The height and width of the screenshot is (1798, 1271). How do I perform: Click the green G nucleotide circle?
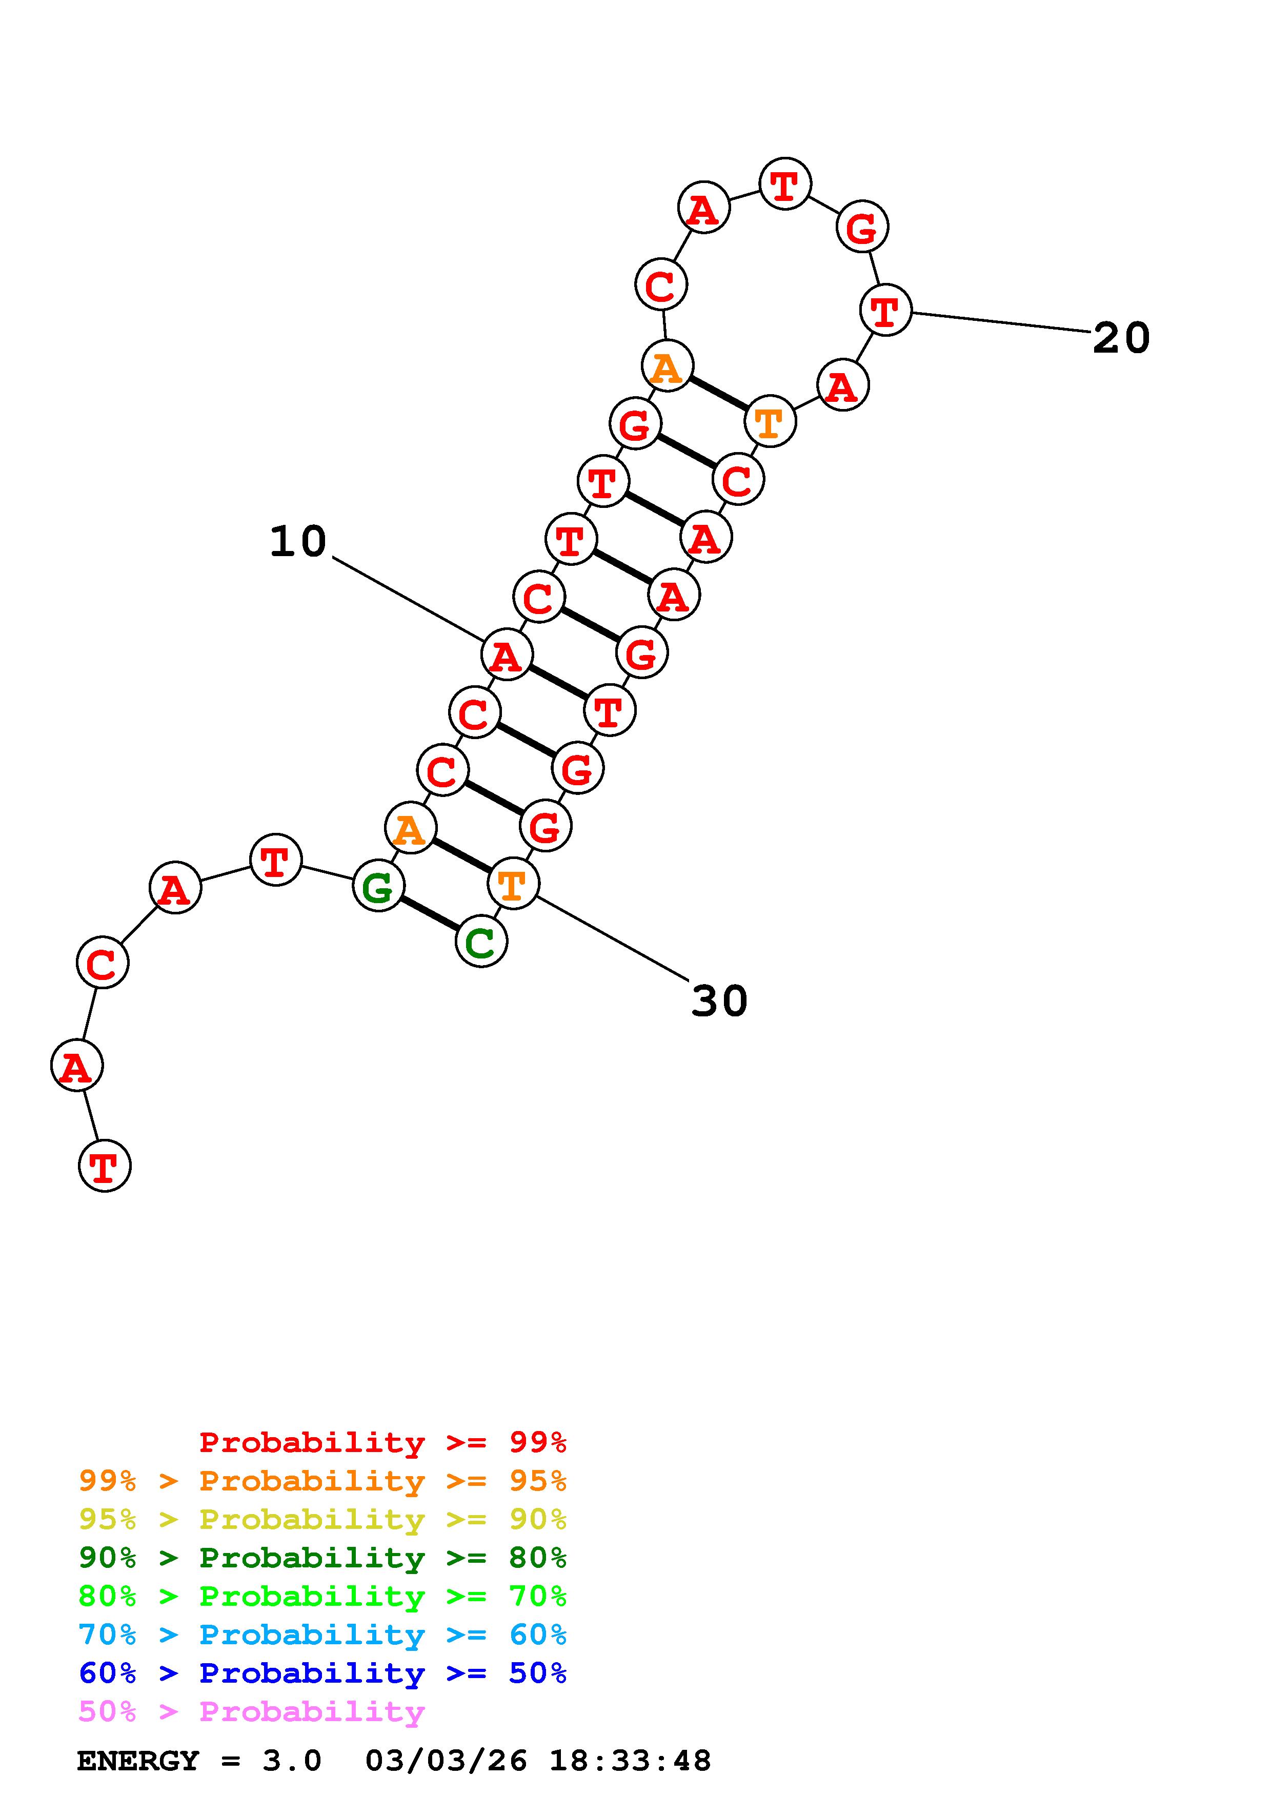(x=378, y=886)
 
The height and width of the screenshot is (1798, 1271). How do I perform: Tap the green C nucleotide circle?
(x=481, y=942)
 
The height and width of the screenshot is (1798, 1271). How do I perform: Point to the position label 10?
(x=297, y=541)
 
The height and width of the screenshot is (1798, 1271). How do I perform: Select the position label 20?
(x=1121, y=338)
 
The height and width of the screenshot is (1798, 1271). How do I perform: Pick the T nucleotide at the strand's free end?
(x=104, y=1165)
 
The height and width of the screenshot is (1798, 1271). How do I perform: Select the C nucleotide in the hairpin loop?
(x=661, y=284)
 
